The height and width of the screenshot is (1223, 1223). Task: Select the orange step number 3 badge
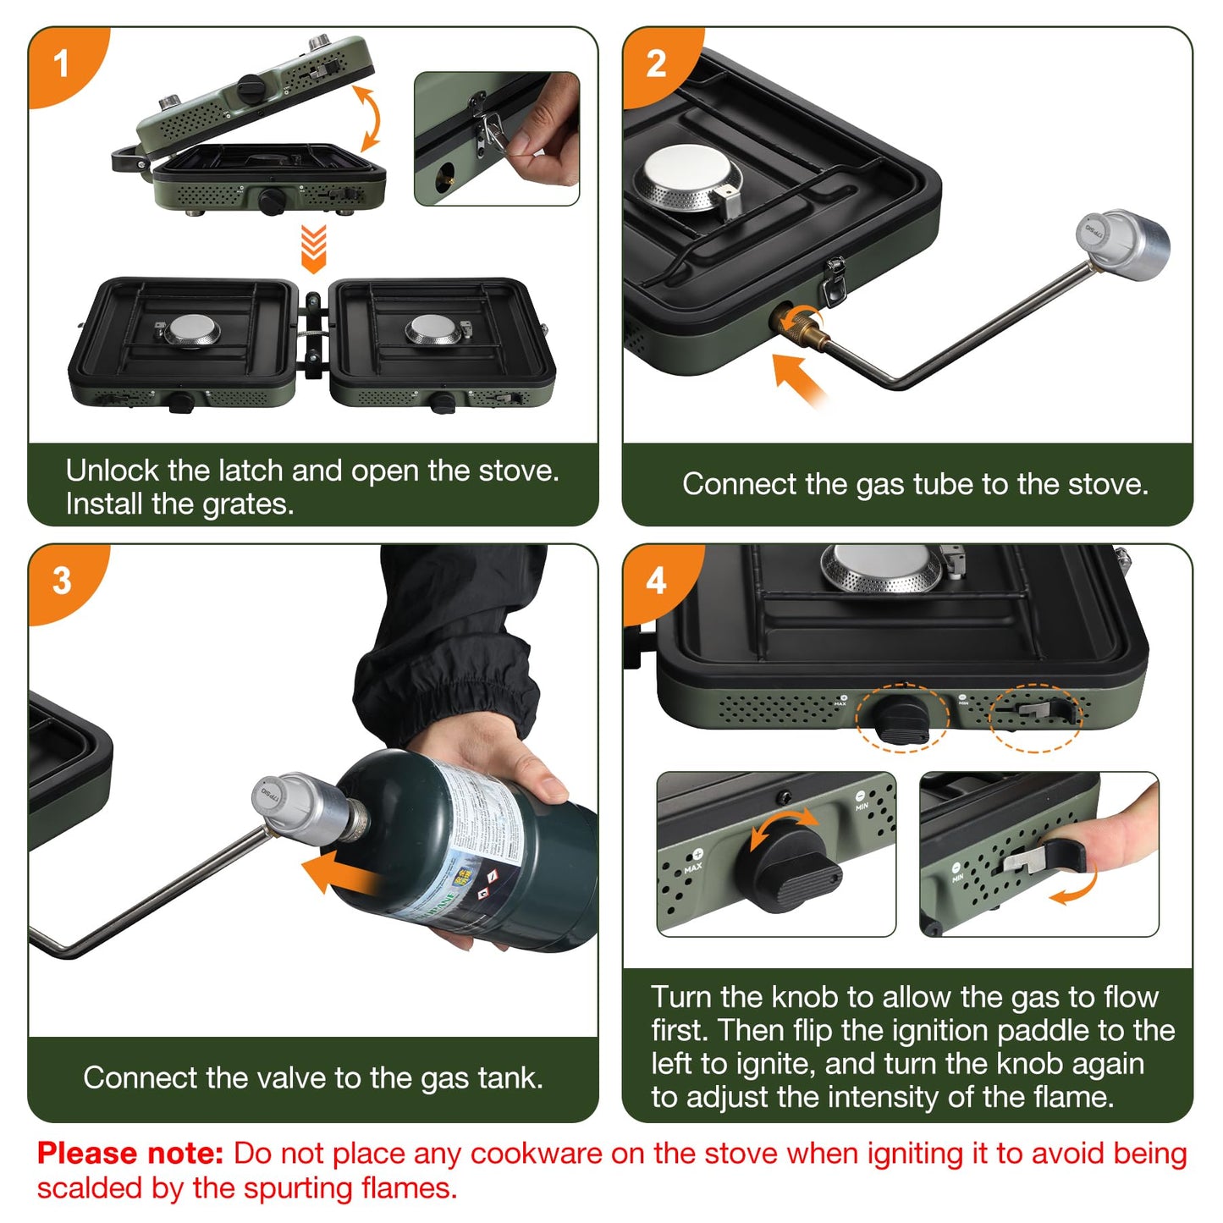pyautogui.click(x=62, y=581)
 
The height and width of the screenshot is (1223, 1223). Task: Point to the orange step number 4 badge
pyautogui.click(x=657, y=581)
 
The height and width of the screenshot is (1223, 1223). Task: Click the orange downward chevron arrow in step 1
pyautogui.click(x=313, y=248)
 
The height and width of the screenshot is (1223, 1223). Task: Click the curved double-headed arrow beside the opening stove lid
pyautogui.click(x=368, y=118)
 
